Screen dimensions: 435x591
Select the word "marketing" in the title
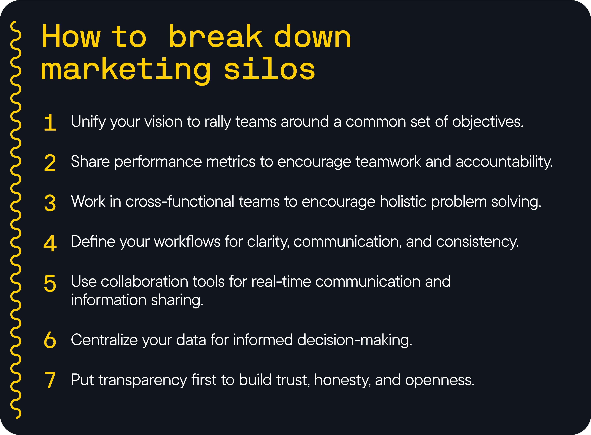126,70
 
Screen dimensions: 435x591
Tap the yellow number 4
50,243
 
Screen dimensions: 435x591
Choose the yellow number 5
50,283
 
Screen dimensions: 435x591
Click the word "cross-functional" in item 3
180,202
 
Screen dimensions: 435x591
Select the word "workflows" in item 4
187,242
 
